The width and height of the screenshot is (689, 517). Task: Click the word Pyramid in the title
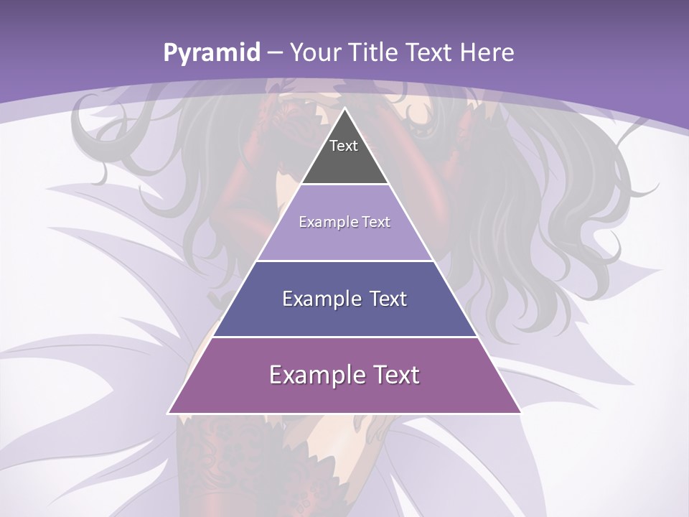pos(211,53)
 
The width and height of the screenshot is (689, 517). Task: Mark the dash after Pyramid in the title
pos(274,53)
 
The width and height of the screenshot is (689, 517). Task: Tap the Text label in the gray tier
pos(344,146)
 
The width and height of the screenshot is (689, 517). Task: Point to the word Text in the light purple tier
pos(377,222)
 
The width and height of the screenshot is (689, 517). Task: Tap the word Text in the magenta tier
pos(395,375)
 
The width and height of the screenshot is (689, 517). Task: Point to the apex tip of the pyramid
pos(344,109)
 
